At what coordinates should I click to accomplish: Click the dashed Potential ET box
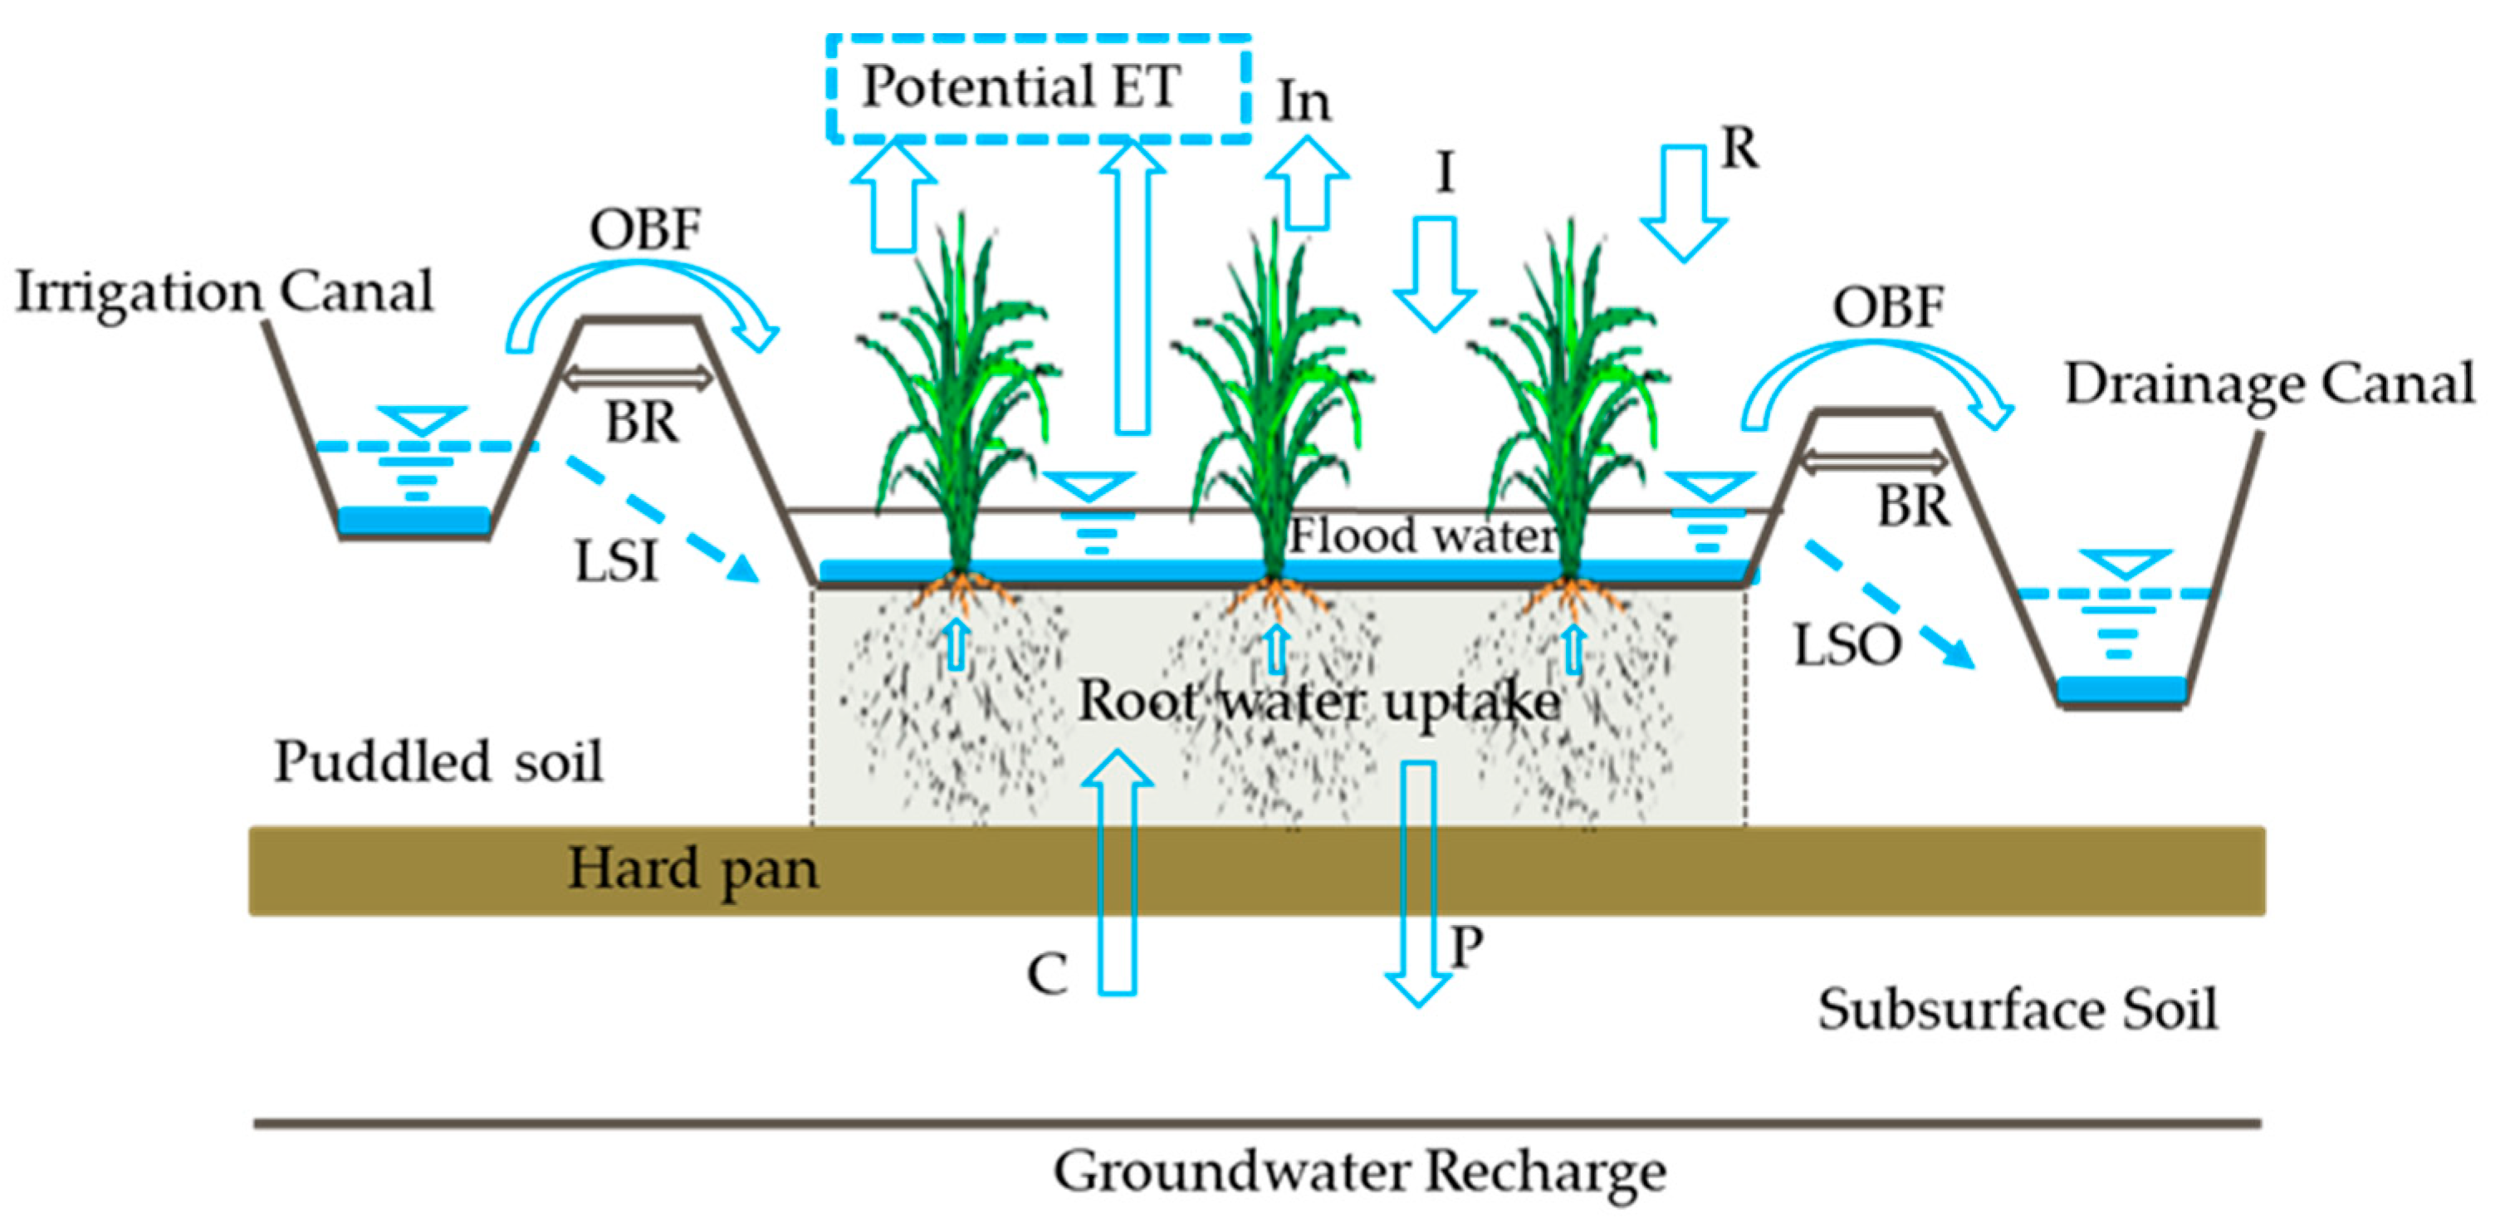point(1039,90)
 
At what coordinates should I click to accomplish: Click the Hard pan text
point(692,868)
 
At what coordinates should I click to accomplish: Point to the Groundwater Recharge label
point(1358,1172)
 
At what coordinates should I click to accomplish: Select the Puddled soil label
point(438,761)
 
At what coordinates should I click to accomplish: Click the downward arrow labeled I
point(1435,272)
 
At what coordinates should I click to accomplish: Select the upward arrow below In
point(1307,184)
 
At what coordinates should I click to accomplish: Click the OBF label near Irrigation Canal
point(645,231)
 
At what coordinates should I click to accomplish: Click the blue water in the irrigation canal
point(413,520)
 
